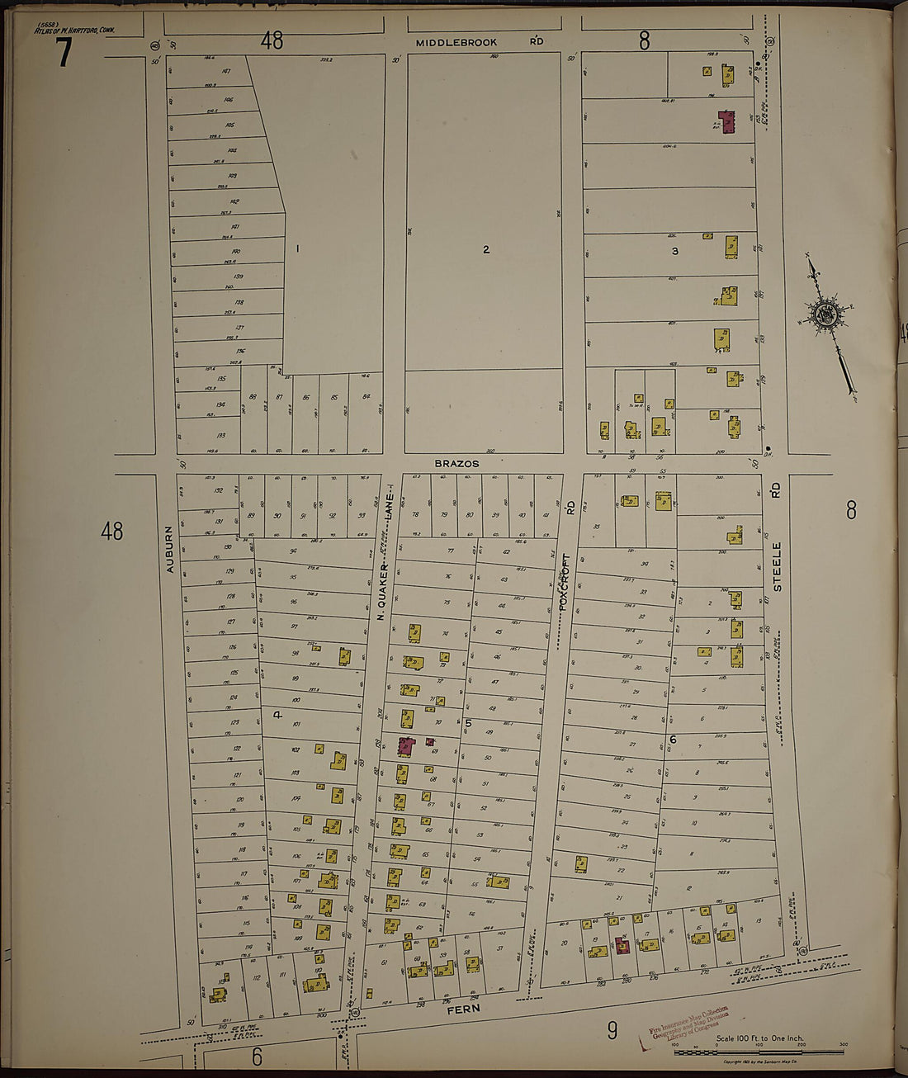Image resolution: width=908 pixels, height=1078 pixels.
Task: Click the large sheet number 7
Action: point(64,54)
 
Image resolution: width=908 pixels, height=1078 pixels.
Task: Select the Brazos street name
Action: point(456,464)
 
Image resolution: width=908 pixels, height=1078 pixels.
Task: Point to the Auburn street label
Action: point(170,550)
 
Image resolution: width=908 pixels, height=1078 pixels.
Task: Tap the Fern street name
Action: point(462,1008)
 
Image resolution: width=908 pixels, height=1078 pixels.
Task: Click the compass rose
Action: point(825,316)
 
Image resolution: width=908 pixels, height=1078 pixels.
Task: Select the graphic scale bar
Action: point(759,1052)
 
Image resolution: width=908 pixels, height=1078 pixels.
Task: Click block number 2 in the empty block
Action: point(485,249)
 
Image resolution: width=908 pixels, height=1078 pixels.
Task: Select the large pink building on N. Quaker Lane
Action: point(405,746)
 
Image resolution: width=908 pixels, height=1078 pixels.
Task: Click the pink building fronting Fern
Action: point(622,945)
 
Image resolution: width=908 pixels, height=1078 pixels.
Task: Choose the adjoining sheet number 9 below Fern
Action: point(612,1029)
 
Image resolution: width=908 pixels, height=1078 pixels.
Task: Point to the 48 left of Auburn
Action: point(111,531)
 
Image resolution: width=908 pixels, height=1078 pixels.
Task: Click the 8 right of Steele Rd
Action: point(850,511)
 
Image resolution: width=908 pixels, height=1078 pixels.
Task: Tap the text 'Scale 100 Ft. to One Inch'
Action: point(759,1038)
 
